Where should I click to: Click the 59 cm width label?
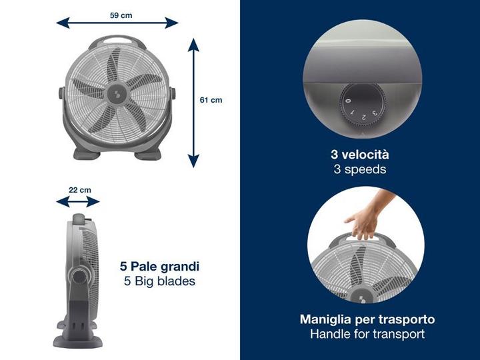[x=121, y=15]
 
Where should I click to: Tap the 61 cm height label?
[x=211, y=100]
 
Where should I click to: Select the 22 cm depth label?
[x=80, y=190]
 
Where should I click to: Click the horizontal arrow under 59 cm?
[x=117, y=23]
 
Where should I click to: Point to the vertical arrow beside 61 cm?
[x=193, y=103]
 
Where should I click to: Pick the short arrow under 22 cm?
[x=78, y=202]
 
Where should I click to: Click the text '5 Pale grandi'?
[x=159, y=266]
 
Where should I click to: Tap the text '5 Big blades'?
[x=159, y=281]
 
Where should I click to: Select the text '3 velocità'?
[x=360, y=154]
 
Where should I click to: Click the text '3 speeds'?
[x=360, y=169]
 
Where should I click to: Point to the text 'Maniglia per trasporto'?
[x=367, y=319]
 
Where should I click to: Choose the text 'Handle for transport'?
[x=367, y=334]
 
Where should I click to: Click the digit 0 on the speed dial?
[x=348, y=101]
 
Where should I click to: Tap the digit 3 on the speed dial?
[x=375, y=113]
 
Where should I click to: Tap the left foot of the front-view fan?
[x=87, y=154]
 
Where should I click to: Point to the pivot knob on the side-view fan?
[x=80, y=277]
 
